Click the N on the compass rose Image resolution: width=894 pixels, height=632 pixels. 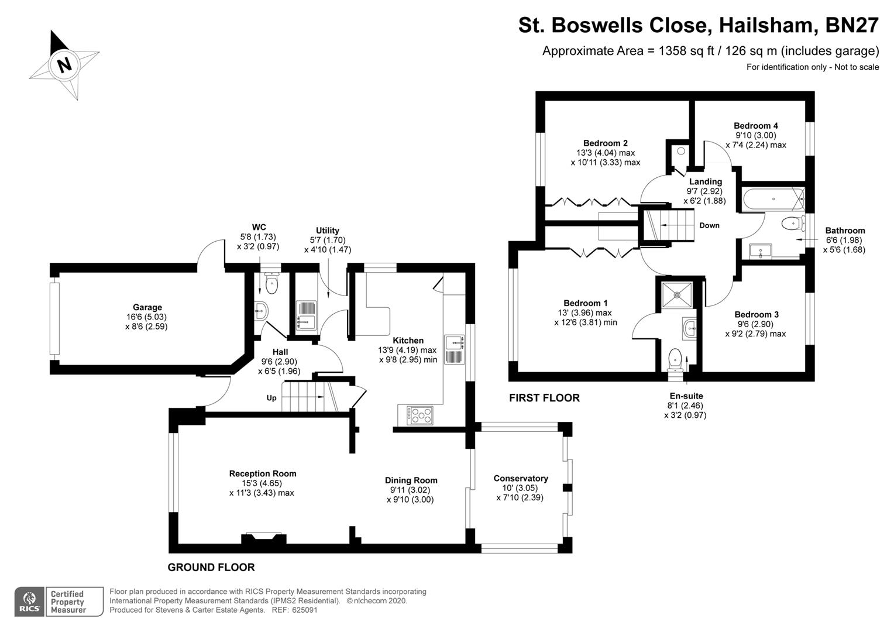click(x=64, y=64)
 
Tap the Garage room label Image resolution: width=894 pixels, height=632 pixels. click(x=147, y=307)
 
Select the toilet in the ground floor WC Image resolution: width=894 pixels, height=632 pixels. click(x=271, y=284)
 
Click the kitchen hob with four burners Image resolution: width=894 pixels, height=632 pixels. click(x=420, y=415)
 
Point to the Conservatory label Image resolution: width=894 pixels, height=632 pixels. click(x=520, y=479)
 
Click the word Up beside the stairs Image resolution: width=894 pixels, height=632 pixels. click(x=271, y=398)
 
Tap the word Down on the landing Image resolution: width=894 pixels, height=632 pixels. click(x=709, y=225)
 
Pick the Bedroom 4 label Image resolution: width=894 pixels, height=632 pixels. click(x=755, y=126)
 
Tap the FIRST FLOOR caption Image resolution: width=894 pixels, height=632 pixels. click(x=544, y=398)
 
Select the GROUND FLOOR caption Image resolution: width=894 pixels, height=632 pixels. click(x=211, y=568)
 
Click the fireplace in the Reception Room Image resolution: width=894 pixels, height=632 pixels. click(x=263, y=538)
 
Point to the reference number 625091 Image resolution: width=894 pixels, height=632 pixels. click(x=304, y=610)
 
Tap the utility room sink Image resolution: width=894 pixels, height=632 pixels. click(x=305, y=315)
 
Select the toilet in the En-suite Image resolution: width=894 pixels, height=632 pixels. click(x=675, y=358)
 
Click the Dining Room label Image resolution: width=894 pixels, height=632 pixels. click(x=411, y=480)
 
